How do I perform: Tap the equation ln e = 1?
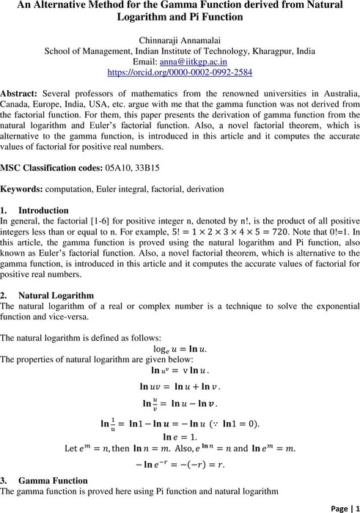pos(179,435)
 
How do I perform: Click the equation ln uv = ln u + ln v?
pos(180,386)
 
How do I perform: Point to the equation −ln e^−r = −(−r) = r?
pos(180,464)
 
